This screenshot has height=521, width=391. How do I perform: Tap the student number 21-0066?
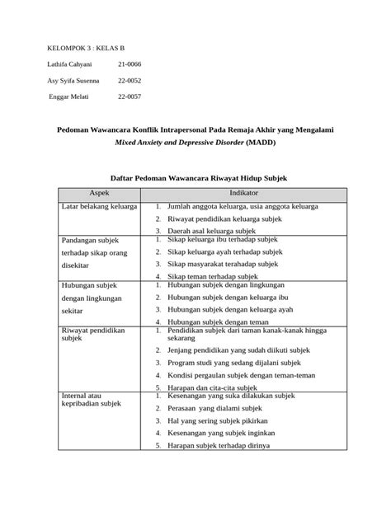[129, 64]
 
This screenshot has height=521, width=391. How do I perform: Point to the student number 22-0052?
[130, 81]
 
